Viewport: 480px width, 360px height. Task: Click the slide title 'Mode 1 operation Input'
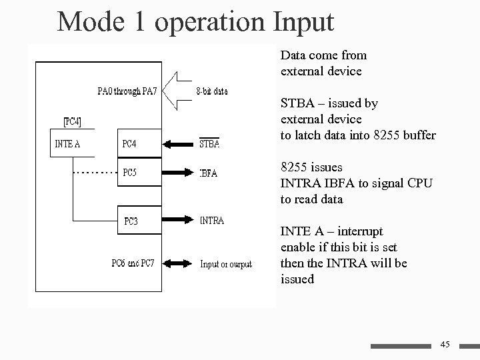pos(195,21)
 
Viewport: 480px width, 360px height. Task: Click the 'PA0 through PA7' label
pos(127,91)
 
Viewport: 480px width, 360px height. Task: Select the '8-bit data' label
pos(212,91)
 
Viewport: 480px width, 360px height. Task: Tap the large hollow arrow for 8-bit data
pos(175,91)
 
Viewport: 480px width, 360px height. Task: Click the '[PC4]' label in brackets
pos(73,121)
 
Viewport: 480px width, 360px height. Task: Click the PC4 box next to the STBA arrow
pos(139,143)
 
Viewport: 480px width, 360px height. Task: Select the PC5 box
pos(139,172)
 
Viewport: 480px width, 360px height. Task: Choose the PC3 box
pos(139,221)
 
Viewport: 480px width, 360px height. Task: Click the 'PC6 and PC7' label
pos(133,263)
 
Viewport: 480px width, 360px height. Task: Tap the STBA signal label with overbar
pos(210,144)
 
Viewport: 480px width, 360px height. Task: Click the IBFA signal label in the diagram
pos(209,173)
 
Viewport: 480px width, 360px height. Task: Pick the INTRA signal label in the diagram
pos(212,221)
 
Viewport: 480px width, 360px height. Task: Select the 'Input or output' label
pos(226,264)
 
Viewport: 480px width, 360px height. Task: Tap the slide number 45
pos(445,344)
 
